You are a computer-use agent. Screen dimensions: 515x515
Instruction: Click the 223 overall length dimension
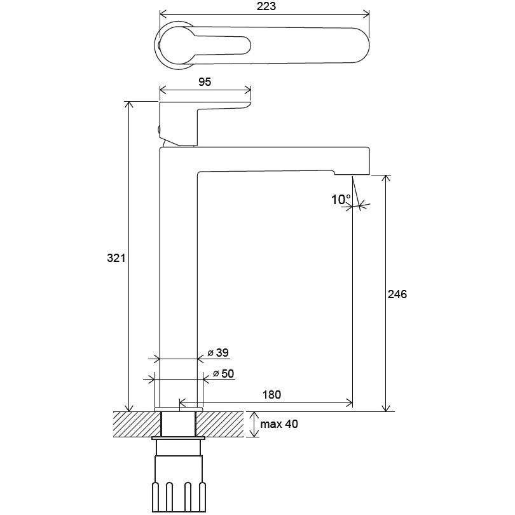[266, 6]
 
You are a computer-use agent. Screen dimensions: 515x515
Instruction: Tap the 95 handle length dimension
[205, 82]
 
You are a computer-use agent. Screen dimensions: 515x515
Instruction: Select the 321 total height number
[116, 258]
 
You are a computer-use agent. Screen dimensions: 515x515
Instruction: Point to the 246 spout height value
[397, 294]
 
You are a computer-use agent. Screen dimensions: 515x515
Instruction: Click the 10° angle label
[341, 200]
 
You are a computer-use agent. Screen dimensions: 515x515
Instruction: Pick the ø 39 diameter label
[218, 353]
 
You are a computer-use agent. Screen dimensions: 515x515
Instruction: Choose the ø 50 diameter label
[223, 374]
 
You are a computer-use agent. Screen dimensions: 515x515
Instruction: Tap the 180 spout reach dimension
[271, 394]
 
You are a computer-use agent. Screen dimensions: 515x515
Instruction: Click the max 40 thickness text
[279, 424]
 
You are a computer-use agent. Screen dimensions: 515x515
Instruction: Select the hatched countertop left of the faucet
[137, 424]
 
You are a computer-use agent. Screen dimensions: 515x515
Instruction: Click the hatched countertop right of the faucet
[220, 424]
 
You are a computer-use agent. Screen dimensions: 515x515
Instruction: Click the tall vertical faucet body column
[179, 279]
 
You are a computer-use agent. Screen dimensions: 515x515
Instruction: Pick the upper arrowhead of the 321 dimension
[130, 105]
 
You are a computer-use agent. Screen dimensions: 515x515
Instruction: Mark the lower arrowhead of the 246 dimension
[387, 408]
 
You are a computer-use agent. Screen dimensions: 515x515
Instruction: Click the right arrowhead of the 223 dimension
[366, 14]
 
